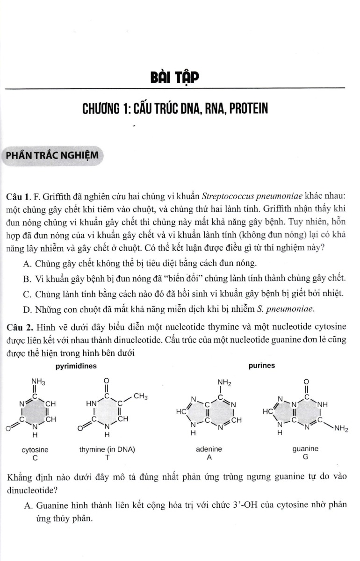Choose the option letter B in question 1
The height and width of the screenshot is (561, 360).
coord(26,279)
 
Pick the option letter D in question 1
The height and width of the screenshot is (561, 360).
coord(26,309)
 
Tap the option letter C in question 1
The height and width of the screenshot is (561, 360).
coord(26,294)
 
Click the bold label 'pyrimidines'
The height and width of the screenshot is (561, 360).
coord(76,366)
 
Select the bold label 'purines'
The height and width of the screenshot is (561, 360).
coord(262,366)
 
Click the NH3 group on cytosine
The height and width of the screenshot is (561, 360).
coord(38,382)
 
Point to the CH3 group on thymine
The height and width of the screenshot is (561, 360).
coord(141,397)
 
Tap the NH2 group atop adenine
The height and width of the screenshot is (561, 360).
coord(225,382)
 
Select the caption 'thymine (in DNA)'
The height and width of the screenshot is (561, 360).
coord(107,450)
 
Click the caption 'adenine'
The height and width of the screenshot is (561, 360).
coord(209,449)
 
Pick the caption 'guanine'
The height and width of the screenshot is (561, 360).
coord(305,449)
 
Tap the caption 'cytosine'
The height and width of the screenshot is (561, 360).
coord(35,450)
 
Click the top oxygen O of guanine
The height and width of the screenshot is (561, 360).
coord(306,382)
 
